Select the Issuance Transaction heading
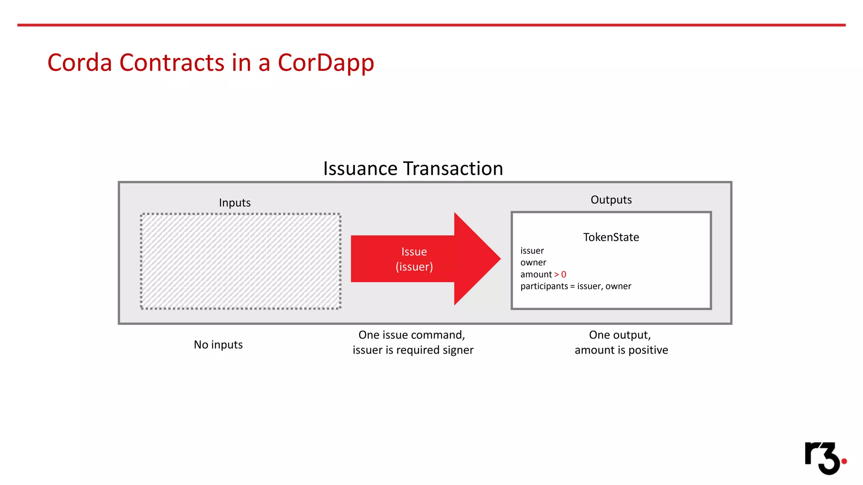tap(413, 168)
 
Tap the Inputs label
tap(235, 203)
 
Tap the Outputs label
tap(611, 200)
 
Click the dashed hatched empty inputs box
tap(241, 261)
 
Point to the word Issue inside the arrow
tap(414, 252)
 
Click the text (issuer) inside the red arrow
tap(414, 267)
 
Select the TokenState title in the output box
tap(611, 237)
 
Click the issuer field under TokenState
tap(532, 251)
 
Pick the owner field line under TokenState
tap(533, 263)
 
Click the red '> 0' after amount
tap(560, 274)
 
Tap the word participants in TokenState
tap(544, 286)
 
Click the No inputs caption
tap(218, 345)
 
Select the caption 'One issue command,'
tap(412, 335)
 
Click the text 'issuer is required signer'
tap(413, 350)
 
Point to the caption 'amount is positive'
tap(621, 350)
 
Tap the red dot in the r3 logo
tap(844, 461)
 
